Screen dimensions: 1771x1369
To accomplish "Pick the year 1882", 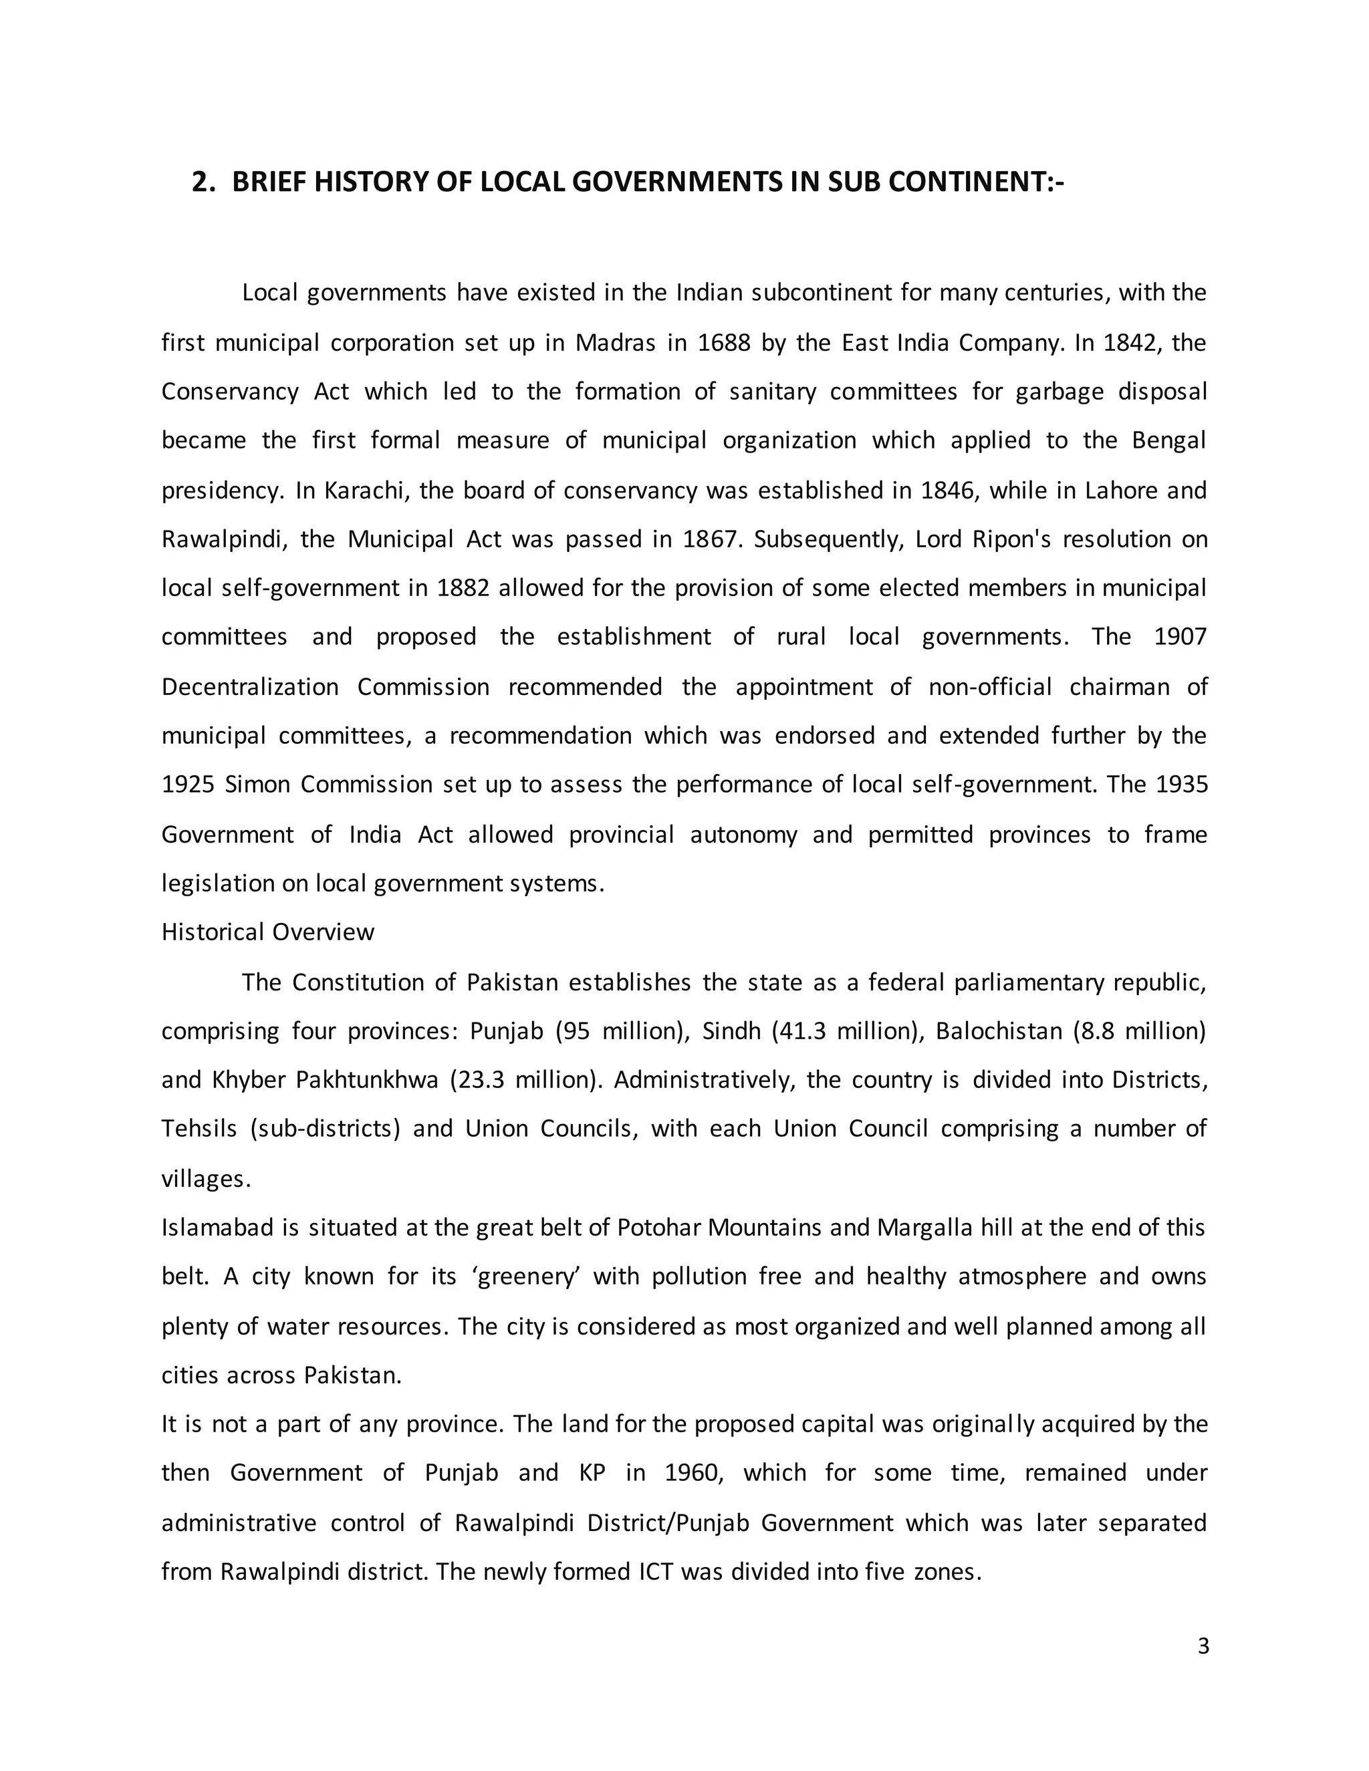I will (x=463, y=588).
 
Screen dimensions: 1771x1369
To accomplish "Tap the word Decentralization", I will (x=250, y=687).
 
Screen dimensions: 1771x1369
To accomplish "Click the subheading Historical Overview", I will (x=267, y=932).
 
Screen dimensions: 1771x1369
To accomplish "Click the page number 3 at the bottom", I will (x=1203, y=1647).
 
